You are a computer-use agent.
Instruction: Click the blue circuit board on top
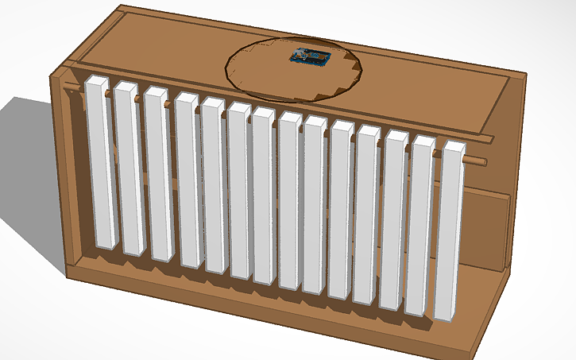coord(309,57)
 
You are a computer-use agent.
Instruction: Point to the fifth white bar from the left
coord(213,187)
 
